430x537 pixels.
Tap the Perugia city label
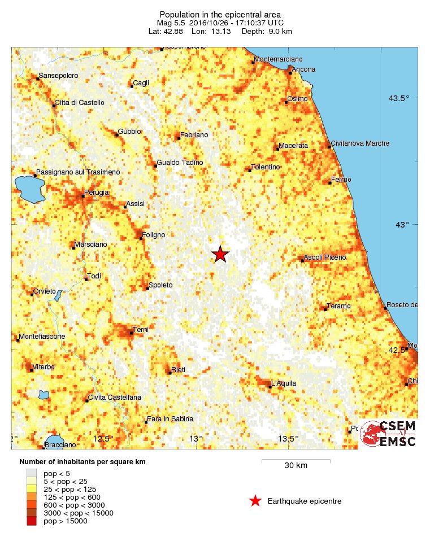tap(96, 193)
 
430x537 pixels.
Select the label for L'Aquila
tap(284, 383)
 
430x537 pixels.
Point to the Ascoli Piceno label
tap(325, 257)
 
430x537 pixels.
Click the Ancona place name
tap(304, 69)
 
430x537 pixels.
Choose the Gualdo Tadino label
tap(176, 163)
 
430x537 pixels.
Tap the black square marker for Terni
tap(132, 333)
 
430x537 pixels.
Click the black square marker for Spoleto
tap(147, 289)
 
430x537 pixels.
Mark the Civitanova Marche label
tap(360, 143)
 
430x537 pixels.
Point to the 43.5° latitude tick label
tap(398, 98)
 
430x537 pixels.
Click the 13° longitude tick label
tap(196, 439)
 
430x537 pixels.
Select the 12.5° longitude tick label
tap(103, 439)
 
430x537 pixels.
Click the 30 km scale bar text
tap(296, 466)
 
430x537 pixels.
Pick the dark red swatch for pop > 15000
tap(32, 521)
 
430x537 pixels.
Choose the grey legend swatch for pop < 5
tap(32, 473)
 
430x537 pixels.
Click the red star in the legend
tap(255, 501)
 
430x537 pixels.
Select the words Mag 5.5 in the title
tap(173, 22)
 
